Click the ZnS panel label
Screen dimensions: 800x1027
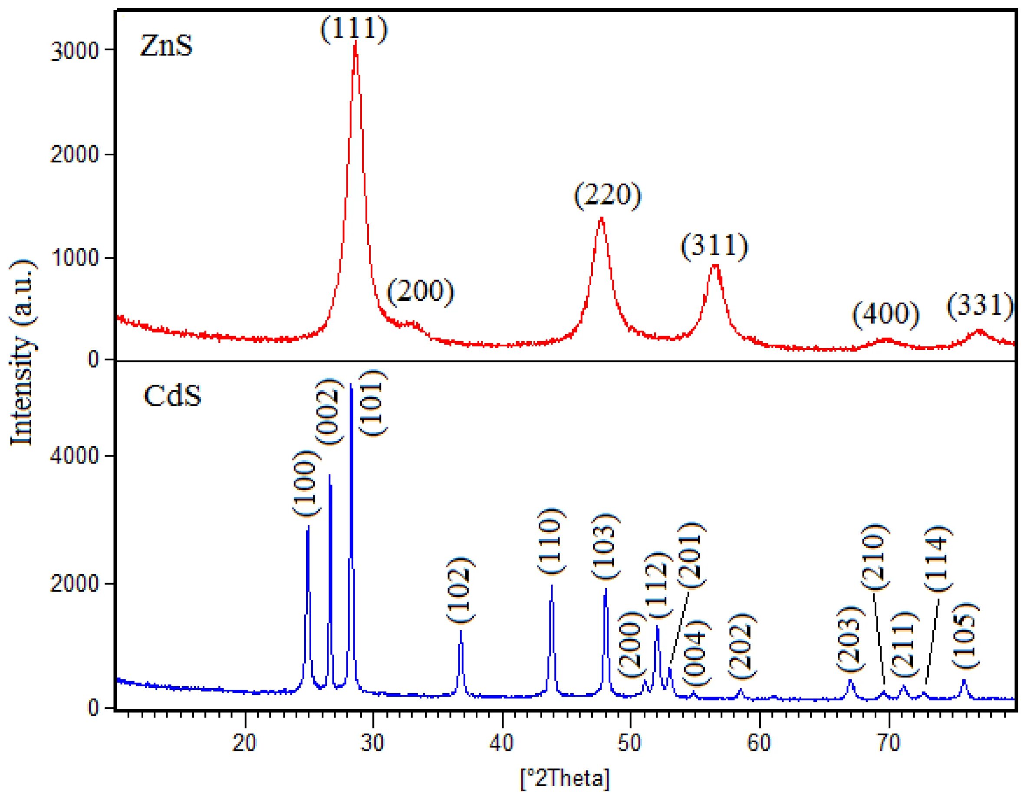tap(166, 47)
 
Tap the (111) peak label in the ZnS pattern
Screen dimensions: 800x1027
tap(354, 29)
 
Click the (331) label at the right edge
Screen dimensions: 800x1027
tap(980, 306)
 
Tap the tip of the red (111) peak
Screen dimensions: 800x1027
tap(355, 41)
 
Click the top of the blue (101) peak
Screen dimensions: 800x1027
tap(351, 385)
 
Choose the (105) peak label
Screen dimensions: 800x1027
tap(965, 635)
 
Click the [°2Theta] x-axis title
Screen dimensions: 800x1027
tap(564, 778)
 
